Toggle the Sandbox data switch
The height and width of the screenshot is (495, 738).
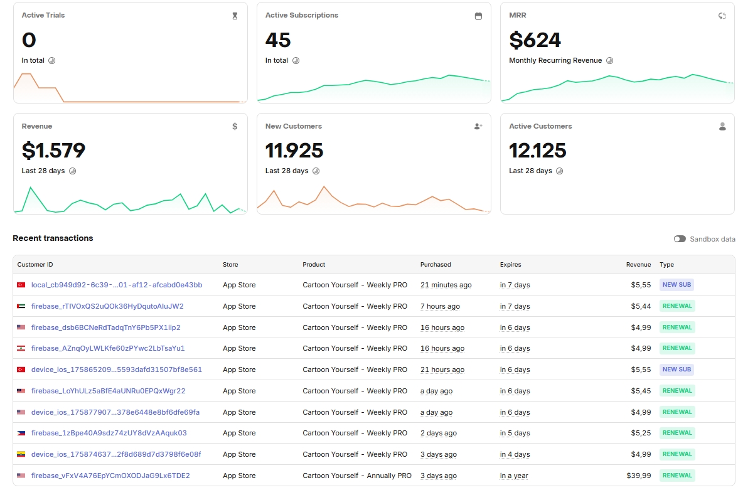(680, 239)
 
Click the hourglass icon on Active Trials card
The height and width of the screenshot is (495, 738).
(235, 16)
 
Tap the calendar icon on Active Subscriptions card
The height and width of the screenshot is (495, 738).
(478, 16)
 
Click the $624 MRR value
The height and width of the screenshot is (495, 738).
(535, 40)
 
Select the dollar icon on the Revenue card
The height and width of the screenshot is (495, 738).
(235, 126)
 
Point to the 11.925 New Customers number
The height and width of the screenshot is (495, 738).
(294, 151)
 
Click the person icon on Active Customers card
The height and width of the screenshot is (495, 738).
(722, 126)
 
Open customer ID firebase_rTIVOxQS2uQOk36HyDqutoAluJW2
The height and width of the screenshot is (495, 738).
(107, 306)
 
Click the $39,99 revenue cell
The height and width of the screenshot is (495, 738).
(639, 476)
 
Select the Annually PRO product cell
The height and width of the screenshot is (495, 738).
(356, 476)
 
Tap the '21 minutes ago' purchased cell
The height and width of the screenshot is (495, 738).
(446, 285)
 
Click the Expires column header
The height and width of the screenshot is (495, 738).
(510, 265)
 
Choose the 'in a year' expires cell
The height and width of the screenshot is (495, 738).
(514, 476)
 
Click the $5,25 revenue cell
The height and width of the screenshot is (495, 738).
(641, 433)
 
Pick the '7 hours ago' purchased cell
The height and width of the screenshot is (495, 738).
(440, 306)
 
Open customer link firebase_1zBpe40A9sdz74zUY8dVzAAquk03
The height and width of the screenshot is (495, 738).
(109, 433)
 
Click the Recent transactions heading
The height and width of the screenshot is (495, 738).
(53, 238)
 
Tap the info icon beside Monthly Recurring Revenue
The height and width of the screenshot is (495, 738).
(609, 61)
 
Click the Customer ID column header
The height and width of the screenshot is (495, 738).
(35, 265)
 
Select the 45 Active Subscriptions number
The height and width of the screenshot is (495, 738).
(277, 40)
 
